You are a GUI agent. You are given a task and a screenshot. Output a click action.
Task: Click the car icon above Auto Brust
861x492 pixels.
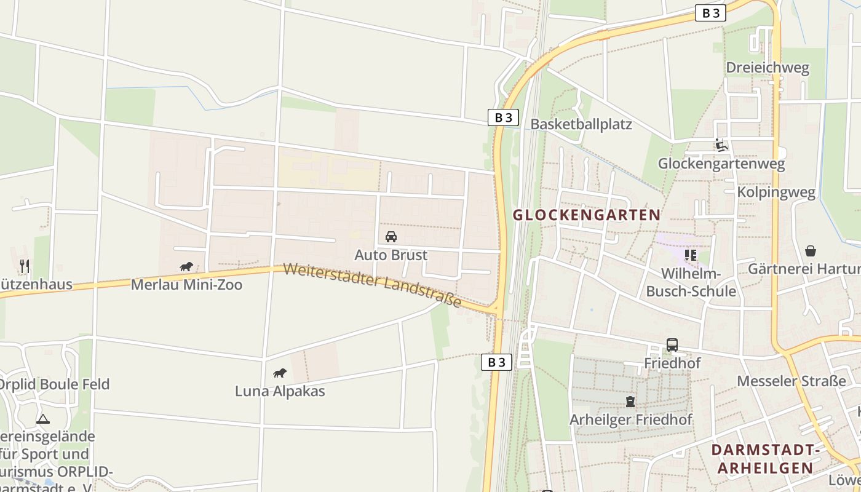click(x=391, y=237)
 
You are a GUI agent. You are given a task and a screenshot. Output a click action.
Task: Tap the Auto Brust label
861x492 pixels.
click(x=391, y=255)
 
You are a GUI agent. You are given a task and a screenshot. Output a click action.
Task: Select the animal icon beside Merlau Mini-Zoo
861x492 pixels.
click(x=186, y=266)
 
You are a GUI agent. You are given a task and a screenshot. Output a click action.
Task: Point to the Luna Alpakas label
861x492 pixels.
click(x=280, y=391)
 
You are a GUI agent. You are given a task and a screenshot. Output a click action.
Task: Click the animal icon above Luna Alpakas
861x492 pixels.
click(x=280, y=373)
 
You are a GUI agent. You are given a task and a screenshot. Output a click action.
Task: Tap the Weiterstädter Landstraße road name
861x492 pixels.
click(x=373, y=285)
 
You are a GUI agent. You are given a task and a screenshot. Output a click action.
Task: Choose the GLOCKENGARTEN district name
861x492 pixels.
click(x=587, y=215)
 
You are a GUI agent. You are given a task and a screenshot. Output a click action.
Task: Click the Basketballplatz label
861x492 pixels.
click(x=581, y=124)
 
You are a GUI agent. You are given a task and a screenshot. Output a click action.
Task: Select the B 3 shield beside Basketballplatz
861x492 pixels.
click(x=503, y=117)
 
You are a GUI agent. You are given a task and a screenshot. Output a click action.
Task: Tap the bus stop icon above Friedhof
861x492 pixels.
click(x=672, y=345)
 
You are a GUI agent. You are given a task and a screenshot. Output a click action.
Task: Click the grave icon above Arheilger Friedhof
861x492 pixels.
click(x=630, y=402)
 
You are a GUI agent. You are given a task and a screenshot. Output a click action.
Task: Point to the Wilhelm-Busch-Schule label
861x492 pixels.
click(x=691, y=282)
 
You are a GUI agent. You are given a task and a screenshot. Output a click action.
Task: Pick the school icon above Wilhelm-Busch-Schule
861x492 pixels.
click(x=690, y=255)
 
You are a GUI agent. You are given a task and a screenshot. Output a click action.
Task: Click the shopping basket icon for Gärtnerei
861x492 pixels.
click(x=811, y=251)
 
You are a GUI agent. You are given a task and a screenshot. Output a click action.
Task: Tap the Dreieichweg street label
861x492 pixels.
click(x=768, y=68)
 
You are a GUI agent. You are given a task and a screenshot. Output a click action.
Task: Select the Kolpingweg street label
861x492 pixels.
click(x=776, y=192)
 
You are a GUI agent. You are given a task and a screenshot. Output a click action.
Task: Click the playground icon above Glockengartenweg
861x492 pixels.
click(x=721, y=146)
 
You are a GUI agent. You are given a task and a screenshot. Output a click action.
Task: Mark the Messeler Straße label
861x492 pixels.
click(x=792, y=381)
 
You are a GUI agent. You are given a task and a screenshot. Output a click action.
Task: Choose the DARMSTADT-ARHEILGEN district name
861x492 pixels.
click(x=766, y=459)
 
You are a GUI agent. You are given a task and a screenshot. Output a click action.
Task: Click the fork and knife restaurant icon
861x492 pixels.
click(x=25, y=266)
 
